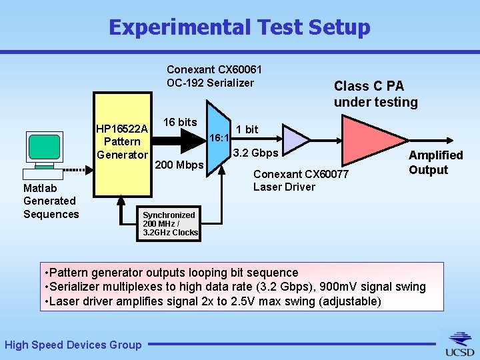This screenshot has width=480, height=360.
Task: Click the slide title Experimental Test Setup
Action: click(239, 27)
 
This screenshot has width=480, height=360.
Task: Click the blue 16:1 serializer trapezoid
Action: click(219, 139)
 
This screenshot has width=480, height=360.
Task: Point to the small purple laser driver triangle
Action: click(294, 139)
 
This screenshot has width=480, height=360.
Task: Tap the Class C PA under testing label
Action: click(375, 94)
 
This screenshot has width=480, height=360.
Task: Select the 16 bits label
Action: click(180, 122)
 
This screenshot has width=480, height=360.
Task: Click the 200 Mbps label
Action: click(179, 165)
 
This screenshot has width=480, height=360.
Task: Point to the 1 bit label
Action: click(247, 129)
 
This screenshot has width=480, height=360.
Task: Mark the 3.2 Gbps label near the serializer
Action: click(256, 153)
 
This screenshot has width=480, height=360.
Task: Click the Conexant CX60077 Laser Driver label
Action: click(301, 181)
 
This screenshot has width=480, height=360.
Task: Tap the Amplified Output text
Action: click(435, 162)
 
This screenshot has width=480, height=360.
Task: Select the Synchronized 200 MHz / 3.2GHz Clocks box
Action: click(170, 224)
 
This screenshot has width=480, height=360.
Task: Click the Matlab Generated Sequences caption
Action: click(51, 201)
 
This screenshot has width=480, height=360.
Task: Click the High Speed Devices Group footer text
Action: click(73, 345)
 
